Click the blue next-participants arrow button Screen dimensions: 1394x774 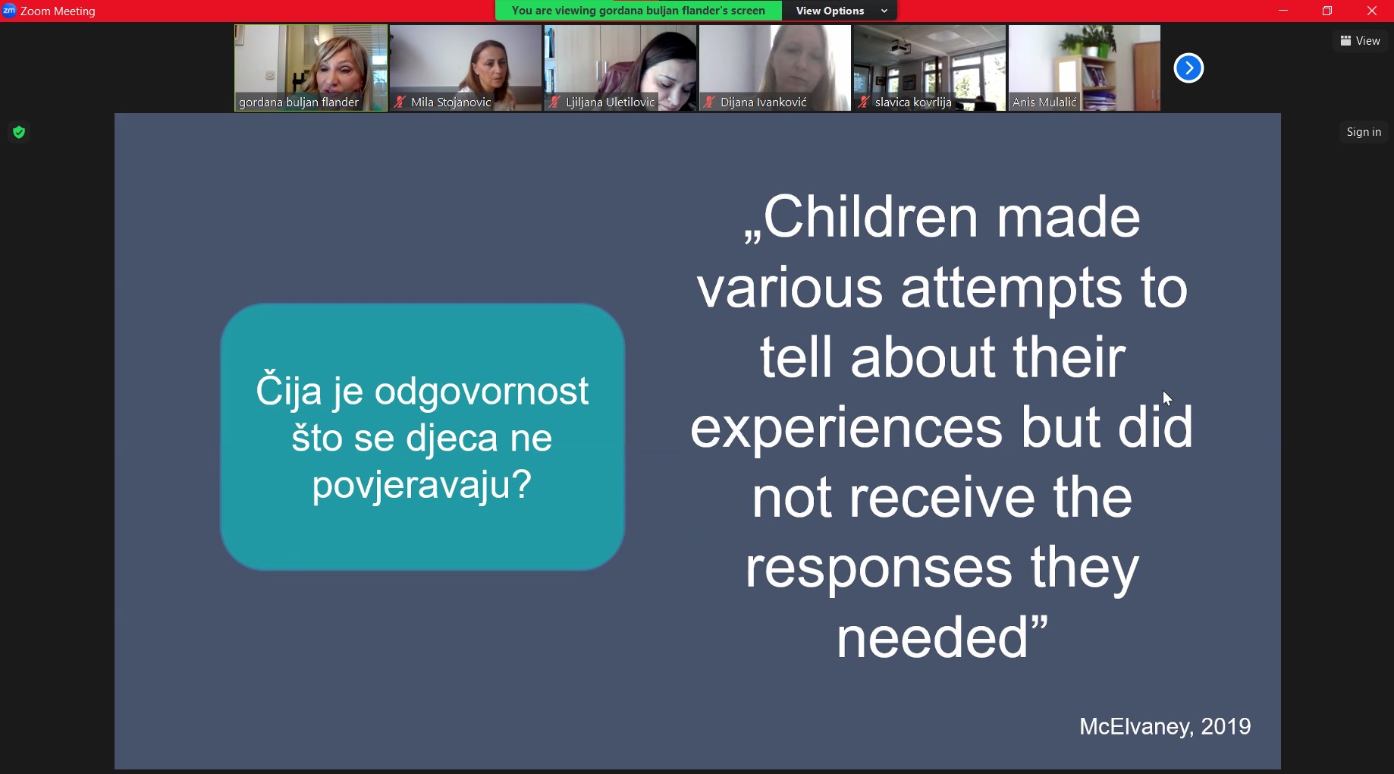pos(1188,68)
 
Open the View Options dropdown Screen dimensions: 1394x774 pos(840,11)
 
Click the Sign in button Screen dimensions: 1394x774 pos(1364,132)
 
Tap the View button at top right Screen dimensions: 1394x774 pos(1360,41)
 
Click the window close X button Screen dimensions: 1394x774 pos(1372,11)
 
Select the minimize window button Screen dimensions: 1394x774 pos(1283,11)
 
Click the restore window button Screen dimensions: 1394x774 pos(1327,11)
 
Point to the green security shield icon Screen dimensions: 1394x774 pos(19,133)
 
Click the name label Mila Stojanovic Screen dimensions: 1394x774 pos(451,102)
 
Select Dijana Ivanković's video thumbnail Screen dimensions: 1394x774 pos(774,68)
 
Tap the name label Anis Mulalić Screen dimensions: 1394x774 pos(1044,102)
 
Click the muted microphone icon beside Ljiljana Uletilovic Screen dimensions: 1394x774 pos(554,102)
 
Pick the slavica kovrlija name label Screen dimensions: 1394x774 pos(913,102)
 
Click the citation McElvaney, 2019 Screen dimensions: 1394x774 pos(1165,726)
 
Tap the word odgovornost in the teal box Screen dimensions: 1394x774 pos(482,392)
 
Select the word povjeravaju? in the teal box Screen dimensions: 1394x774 pos(422,484)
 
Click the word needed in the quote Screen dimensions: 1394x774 pos(932,637)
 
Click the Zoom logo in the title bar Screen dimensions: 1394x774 pos(9,11)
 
